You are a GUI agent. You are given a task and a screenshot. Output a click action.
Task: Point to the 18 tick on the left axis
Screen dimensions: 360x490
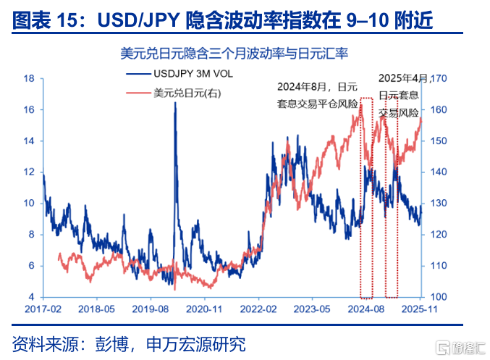click(x=30, y=78)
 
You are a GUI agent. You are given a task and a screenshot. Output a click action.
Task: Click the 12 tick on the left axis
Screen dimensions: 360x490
click(x=30, y=172)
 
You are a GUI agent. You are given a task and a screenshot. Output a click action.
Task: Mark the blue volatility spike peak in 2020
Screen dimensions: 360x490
click(x=175, y=103)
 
